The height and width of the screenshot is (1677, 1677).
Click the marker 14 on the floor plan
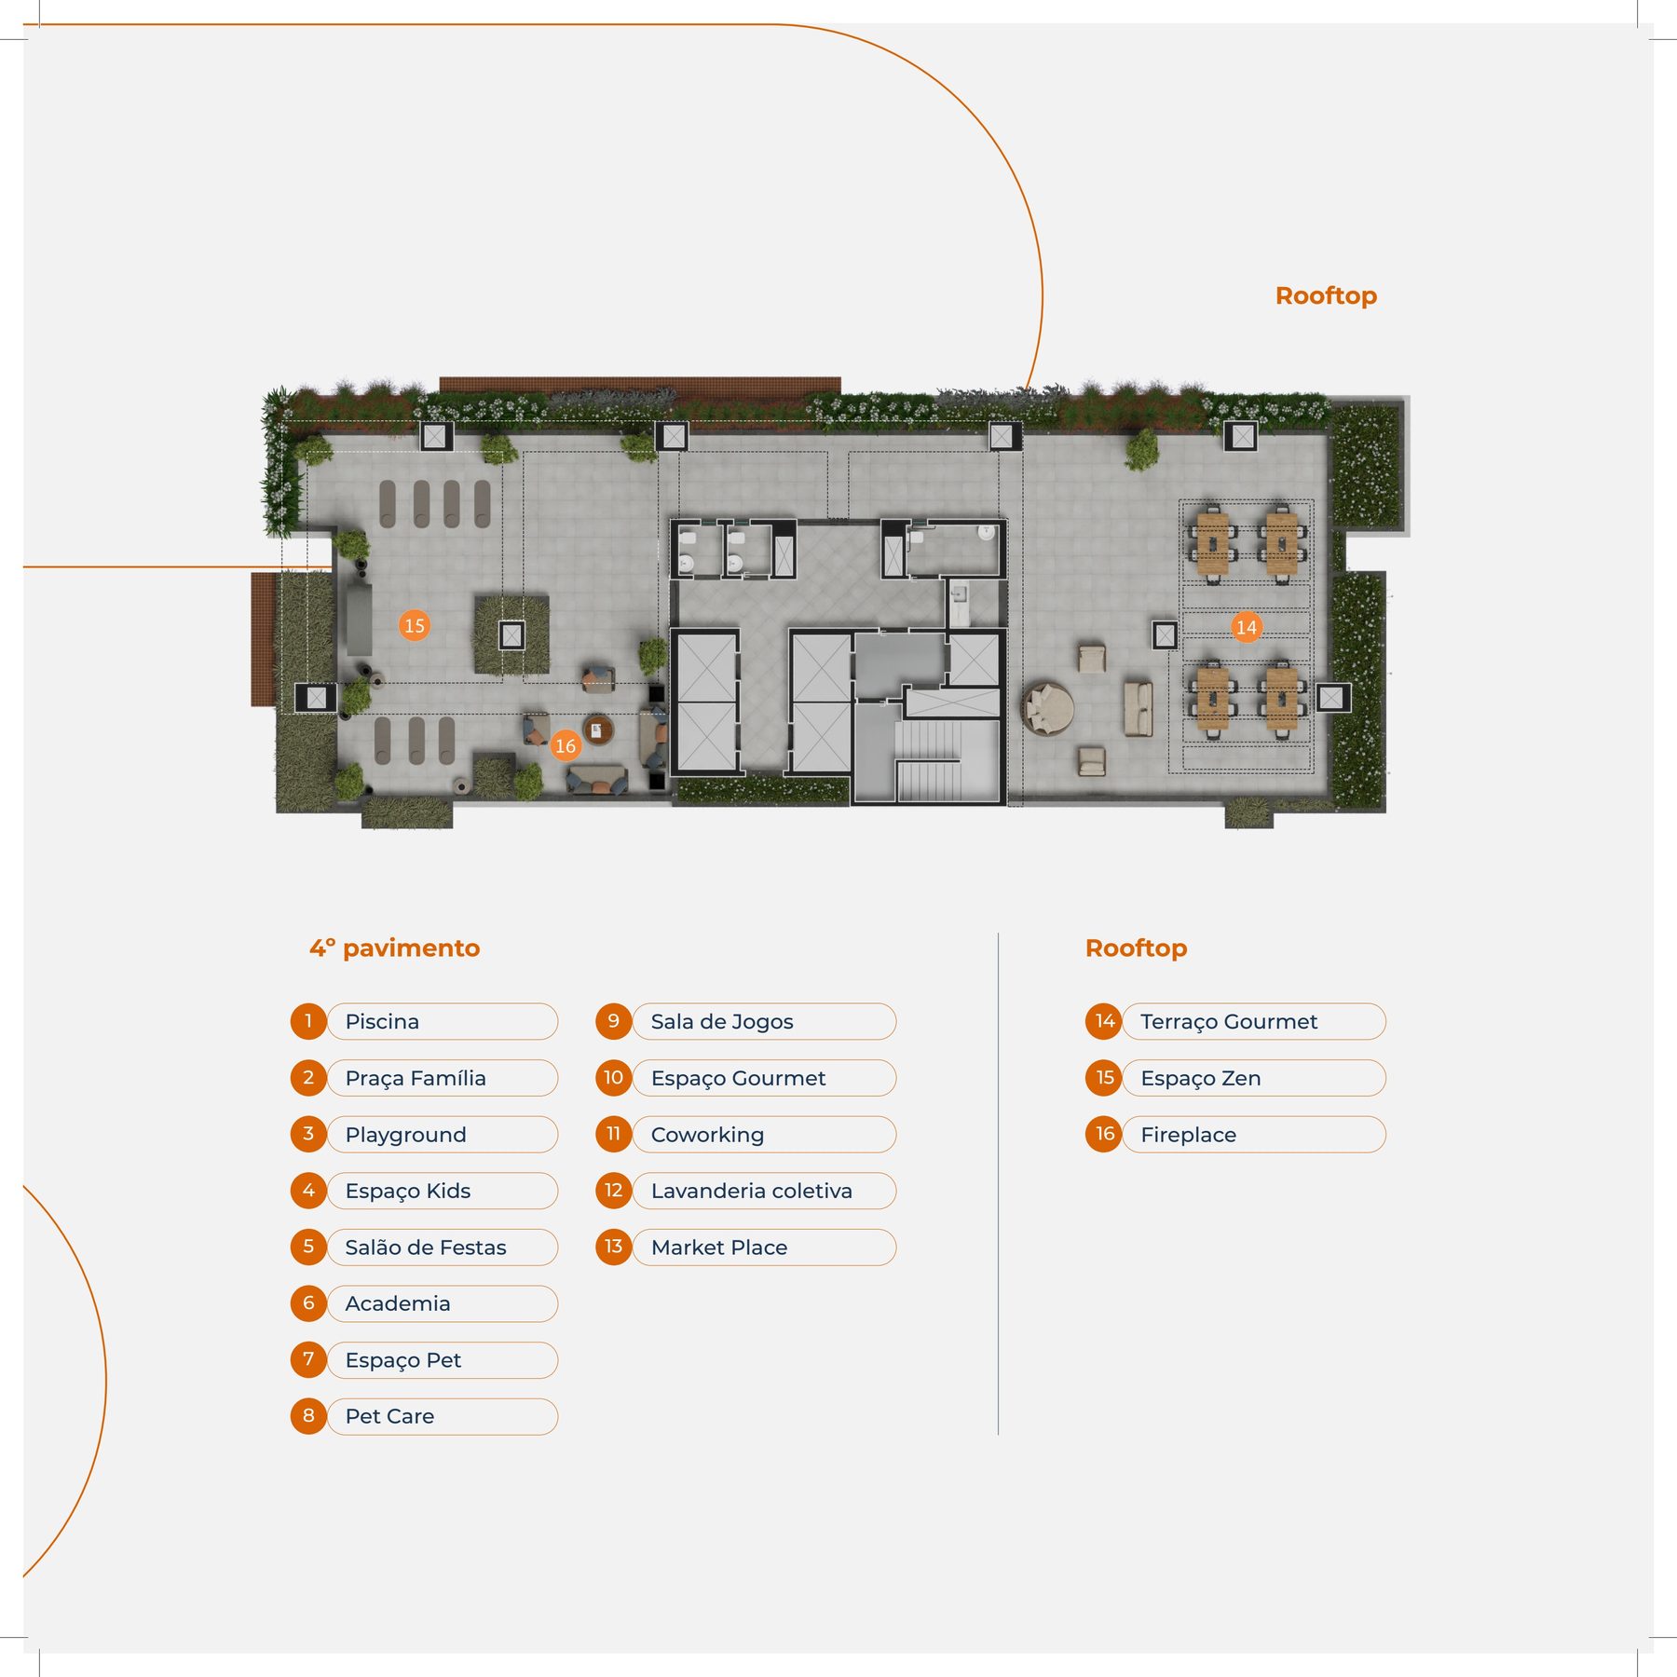[x=1246, y=627]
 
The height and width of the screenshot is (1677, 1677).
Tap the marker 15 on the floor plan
[x=415, y=625]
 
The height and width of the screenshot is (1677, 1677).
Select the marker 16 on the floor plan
[x=566, y=745]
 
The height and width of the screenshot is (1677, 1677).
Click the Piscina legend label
[x=382, y=1021]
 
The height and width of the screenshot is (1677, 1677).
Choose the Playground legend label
[x=405, y=1135]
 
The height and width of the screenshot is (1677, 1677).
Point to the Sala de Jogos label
[x=722, y=1021]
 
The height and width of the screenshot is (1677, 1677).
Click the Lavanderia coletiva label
[x=751, y=1191]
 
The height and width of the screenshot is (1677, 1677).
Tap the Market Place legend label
[x=719, y=1248]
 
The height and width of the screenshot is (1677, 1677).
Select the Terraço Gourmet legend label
[x=1229, y=1021]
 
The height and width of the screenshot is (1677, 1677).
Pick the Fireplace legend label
[x=1188, y=1135]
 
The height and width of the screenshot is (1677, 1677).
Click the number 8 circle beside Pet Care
[x=308, y=1416]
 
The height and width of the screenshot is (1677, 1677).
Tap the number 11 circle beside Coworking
[x=613, y=1134]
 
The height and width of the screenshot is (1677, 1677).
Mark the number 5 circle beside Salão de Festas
[x=308, y=1247]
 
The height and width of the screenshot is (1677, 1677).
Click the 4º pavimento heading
[x=395, y=948]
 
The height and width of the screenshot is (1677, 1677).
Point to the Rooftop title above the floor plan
[x=1326, y=296]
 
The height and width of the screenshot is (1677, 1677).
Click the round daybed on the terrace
[x=1048, y=709]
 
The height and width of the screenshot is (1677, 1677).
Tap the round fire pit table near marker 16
[x=598, y=729]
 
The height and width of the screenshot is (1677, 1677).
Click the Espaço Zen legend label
[x=1200, y=1078]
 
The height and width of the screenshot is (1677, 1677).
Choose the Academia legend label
[x=398, y=1303]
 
